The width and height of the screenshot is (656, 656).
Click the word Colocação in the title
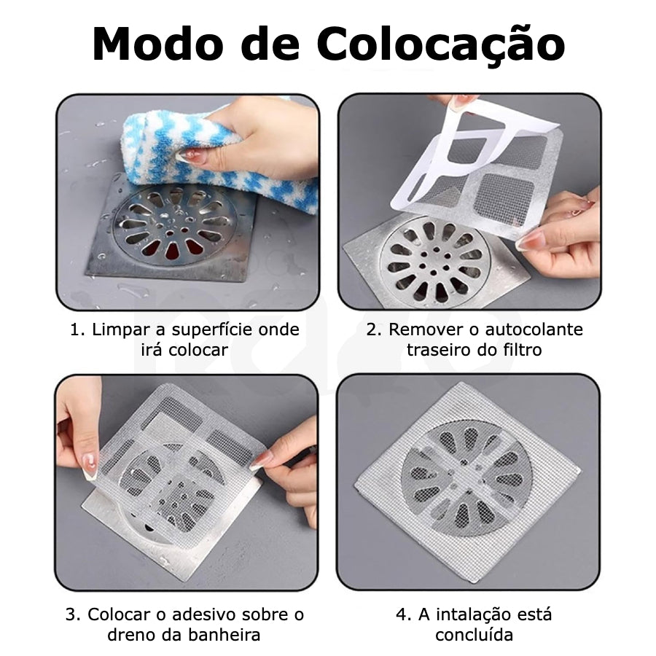[441, 45]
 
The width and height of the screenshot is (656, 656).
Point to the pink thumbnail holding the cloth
[187, 156]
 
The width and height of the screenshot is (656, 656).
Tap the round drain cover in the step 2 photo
[433, 259]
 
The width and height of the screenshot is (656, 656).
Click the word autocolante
[534, 329]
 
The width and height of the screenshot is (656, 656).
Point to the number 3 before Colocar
[70, 615]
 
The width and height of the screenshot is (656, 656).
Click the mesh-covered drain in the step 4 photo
[466, 479]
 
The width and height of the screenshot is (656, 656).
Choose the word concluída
[474, 635]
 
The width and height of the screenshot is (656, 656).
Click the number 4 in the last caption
[401, 615]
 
